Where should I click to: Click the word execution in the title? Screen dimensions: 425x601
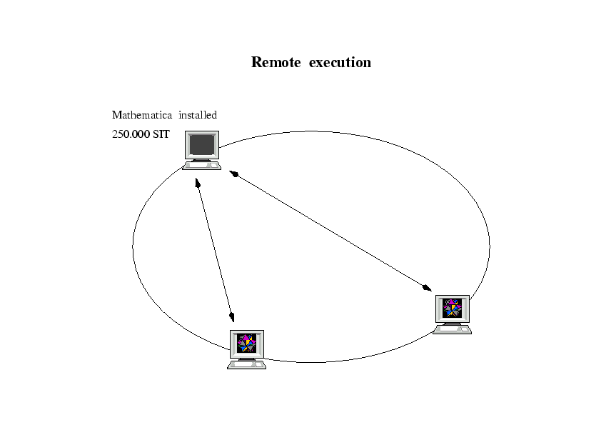coord(340,62)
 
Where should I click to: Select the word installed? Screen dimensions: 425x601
coord(198,115)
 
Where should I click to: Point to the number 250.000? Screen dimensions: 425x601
coord(131,134)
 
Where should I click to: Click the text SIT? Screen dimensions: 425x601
coord(161,134)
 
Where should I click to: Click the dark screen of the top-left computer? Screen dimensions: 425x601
coord(202,145)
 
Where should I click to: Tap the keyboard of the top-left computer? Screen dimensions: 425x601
coord(202,166)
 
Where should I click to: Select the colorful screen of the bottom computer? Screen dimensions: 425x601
coord(246,344)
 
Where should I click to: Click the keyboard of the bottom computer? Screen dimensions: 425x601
coord(246,365)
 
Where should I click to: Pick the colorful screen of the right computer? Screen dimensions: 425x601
coord(452,308)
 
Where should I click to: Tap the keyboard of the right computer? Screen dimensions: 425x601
coord(453,330)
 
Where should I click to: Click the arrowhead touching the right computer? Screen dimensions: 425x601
coord(427,288)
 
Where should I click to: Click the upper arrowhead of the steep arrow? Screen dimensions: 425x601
coord(197,184)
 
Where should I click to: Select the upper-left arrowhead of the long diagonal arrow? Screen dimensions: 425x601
coord(233,174)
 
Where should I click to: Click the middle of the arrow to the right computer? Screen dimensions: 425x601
coord(330,231)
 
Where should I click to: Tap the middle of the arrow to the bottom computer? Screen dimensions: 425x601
coord(214,251)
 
